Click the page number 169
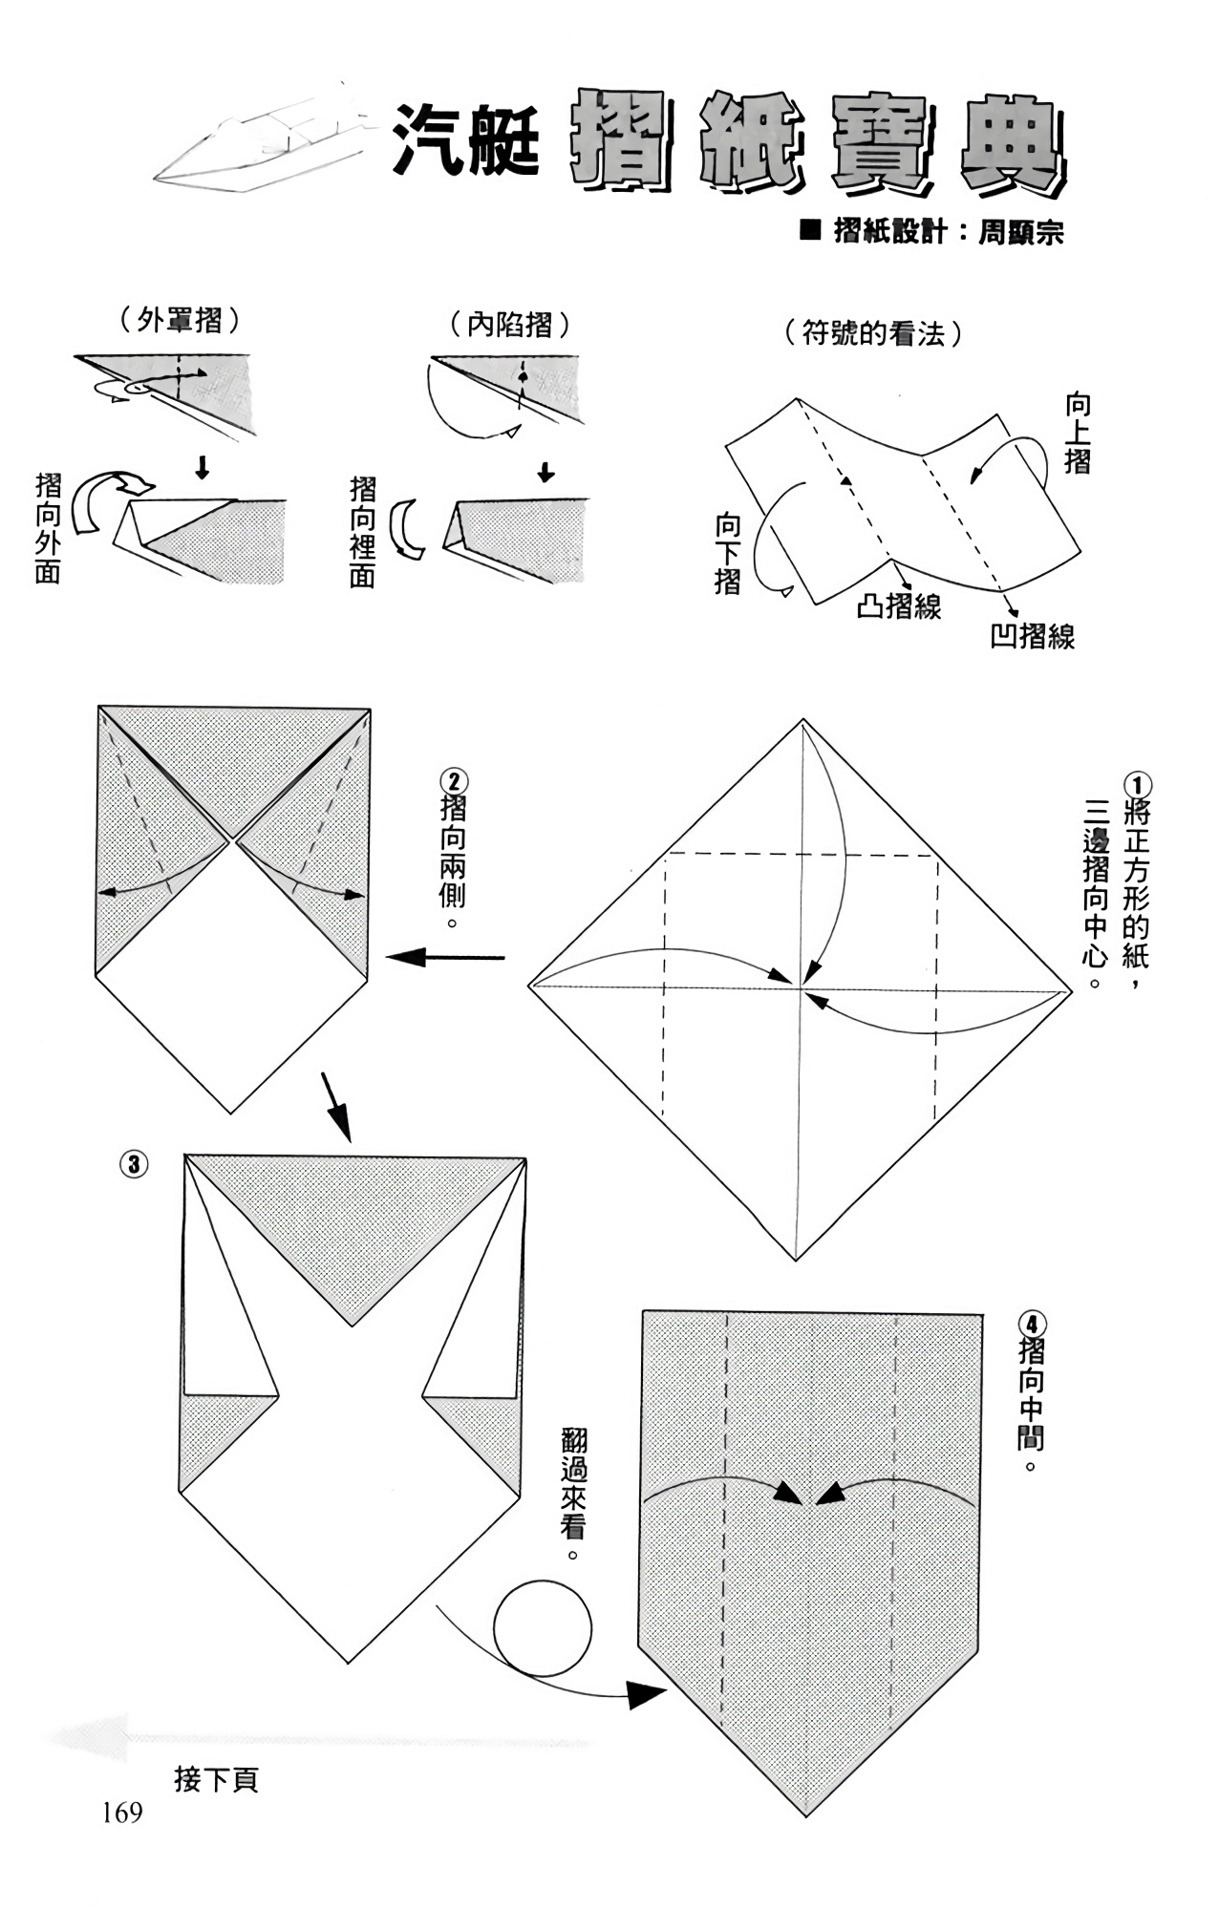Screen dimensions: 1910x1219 pyautogui.click(x=122, y=1813)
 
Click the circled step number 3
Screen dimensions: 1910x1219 pyautogui.click(x=134, y=1164)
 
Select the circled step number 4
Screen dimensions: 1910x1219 pyautogui.click(x=1033, y=1325)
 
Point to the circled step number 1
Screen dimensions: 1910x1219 pyautogui.click(x=1137, y=786)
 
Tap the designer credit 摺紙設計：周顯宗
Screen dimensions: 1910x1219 pyautogui.click(x=932, y=232)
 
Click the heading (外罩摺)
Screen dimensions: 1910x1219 pyautogui.click(x=180, y=320)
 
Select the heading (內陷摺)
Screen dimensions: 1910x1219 pyautogui.click(x=510, y=326)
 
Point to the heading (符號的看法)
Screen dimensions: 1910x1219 pyautogui.click(x=872, y=333)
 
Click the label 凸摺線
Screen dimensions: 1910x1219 pyautogui.click(x=898, y=605)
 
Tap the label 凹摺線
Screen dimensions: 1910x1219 pyautogui.click(x=1032, y=636)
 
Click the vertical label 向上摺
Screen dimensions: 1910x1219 pyautogui.click(x=1078, y=435)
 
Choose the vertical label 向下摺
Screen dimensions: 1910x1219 pyautogui.click(x=728, y=554)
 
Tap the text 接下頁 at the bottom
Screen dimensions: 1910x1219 pyautogui.click(x=216, y=1780)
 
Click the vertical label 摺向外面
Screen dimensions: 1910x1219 pyautogui.click(x=48, y=527)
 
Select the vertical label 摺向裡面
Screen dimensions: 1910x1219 pyautogui.click(x=363, y=532)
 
